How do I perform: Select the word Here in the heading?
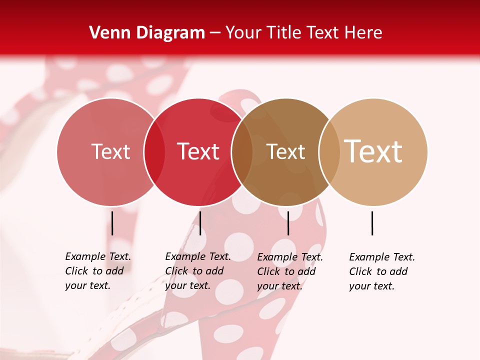pos(363,33)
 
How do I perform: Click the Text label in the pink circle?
pos(110,151)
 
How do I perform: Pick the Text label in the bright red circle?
pos(198,151)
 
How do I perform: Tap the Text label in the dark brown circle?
pos(285,151)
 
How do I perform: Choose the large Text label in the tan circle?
pos(373,151)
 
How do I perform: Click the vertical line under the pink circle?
pos(112,223)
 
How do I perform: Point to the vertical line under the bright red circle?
pos(200,223)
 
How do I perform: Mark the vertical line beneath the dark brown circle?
pos(288,223)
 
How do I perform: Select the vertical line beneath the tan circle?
pos(372,223)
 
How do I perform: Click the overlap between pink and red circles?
pos(154,152)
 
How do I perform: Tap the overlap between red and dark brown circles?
pos(242,152)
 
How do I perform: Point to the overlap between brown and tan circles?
pos(329,152)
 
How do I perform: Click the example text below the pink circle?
pos(97,271)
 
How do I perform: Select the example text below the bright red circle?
pos(197,271)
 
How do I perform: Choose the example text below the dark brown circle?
pos(289,271)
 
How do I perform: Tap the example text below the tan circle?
pos(381,271)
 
